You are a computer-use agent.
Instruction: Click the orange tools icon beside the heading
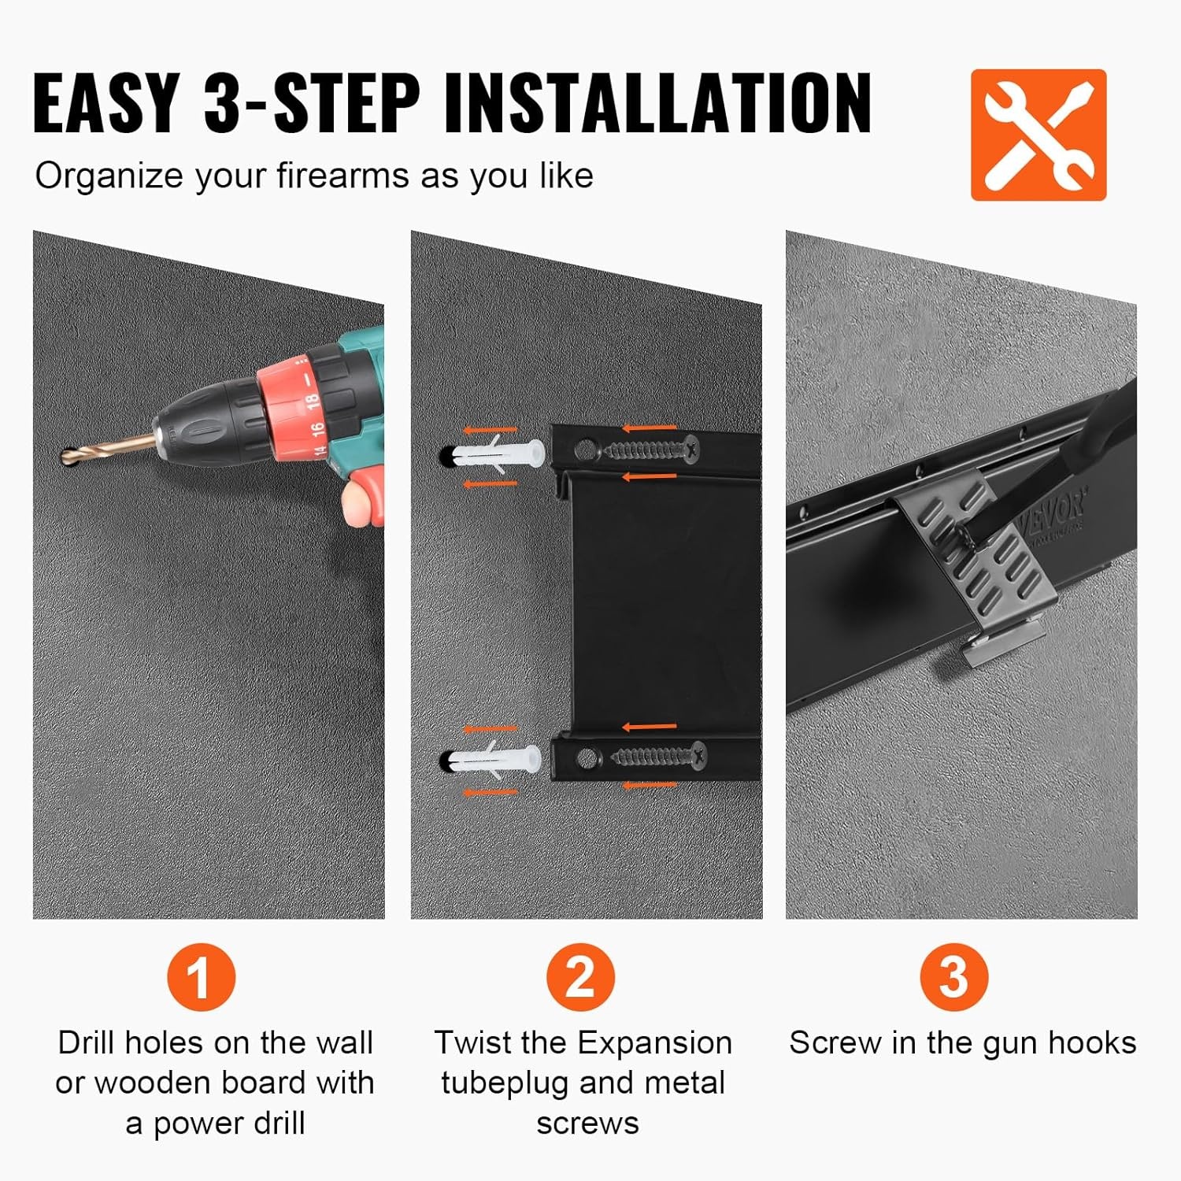(x=1038, y=135)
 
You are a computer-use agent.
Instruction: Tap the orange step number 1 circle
(x=201, y=977)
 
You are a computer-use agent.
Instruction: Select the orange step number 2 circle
(x=581, y=977)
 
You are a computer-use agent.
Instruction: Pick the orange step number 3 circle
(x=953, y=977)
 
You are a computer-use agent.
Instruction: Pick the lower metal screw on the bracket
(x=658, y=757)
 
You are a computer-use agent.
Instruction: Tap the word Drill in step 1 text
(x=87, y=1042)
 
